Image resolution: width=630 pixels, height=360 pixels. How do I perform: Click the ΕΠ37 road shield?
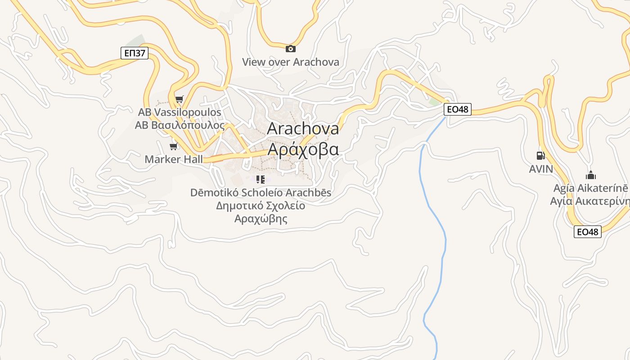pyautogui.click(x=135, y=53)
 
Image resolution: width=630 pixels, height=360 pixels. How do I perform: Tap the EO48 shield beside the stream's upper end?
pyautogui.click(x=458, y=109)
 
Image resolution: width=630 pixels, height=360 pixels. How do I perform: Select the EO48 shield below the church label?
pyautogui.click(x=588, y=232)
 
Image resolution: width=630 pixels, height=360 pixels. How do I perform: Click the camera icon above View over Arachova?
pyautogui.click(x=291, y=49)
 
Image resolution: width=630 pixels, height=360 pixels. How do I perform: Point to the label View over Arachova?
pyautogui.click(x=291, y=62)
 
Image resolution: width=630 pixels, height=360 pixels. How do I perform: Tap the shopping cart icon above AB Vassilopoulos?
pyautogui.click(x=180, y=99)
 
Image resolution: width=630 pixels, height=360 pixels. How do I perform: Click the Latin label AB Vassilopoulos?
pyautogui.click(x=180, y=112)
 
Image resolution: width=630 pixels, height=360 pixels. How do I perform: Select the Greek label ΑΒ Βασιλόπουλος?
pyautogui.click(x=180, y=125)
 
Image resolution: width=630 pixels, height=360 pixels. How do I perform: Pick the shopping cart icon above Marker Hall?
pyautogui.click(x=173, y=146)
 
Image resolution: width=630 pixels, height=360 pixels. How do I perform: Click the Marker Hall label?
pyautogui.click(x=173, y=159)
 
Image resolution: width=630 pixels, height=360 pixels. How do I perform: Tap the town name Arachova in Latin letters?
pyautogui.click(x=303, y=128)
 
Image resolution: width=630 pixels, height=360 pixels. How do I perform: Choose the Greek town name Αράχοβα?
pyautogui.click(x=303, y=148)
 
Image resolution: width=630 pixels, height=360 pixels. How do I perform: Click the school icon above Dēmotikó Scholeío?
pyautogui.click(x=260, y=180)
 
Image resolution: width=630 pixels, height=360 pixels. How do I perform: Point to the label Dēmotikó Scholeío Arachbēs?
pyautogui.click(x=261, y=193)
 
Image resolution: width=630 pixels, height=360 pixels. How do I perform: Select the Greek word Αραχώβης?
pyautogui.click(x=261, y=219)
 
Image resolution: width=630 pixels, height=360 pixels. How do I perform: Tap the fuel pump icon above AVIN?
pyautogui.click(x=540, y=156)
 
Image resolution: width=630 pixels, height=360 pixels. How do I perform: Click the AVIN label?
pyautogui.click(x=540, y=169)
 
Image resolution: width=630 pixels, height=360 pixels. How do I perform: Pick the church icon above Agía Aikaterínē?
pyautogui.click(x=590, y=175)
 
